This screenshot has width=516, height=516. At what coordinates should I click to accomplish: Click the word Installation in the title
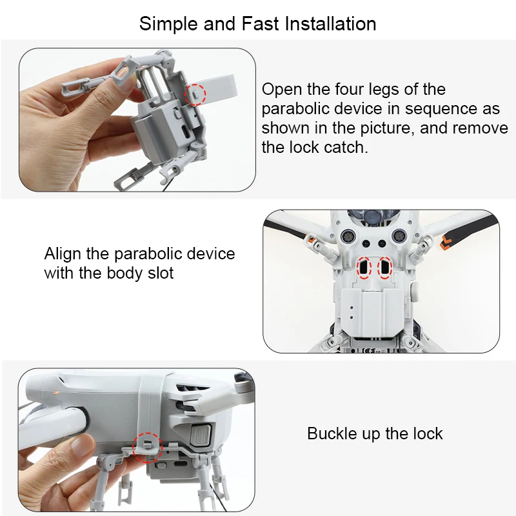[330, 24]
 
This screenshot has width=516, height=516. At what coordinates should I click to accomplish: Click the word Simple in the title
[168, 25]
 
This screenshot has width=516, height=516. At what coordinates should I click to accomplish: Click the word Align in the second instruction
[63, 253]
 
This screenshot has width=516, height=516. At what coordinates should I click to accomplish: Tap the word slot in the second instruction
[160, 273]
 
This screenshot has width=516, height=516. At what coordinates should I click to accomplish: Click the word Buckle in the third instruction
[332, 433]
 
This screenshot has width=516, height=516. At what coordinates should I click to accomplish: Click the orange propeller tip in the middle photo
[447, 242]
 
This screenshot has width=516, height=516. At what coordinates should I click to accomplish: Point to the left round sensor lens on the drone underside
[347, 235]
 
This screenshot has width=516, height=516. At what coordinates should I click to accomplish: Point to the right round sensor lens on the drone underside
[399, 235]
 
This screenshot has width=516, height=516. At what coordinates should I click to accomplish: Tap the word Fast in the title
[260, 24]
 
